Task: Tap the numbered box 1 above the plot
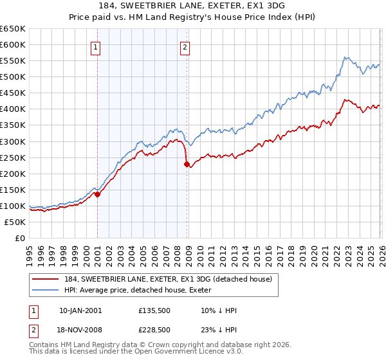point(95,46)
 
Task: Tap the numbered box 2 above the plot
point(185,46)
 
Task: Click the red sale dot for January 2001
point(97,194)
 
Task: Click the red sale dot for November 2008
point(187,165)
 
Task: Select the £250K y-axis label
point(14,157)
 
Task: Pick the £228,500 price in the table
point(154,329)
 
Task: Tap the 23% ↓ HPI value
point(219,329)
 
